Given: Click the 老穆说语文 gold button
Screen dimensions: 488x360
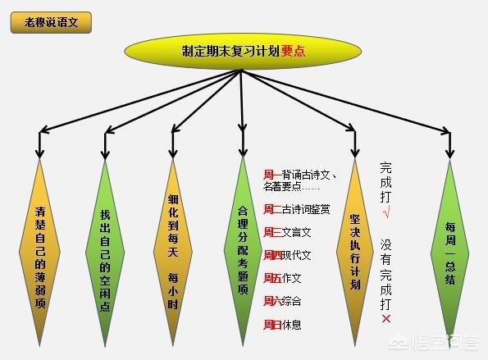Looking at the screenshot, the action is tap(51, 22).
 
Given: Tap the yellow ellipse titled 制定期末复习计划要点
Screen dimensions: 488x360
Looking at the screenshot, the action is tap(243, 52).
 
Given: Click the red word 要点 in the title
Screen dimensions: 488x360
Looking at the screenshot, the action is tap(293, 52).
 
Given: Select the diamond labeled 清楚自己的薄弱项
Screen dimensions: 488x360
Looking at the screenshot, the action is tap(39, 252).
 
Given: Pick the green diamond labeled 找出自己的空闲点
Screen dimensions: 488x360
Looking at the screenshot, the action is tap(105, 253).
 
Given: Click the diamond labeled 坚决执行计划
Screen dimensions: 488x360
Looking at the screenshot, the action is tap(355, 252).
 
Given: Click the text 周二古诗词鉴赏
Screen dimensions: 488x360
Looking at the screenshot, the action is tap(297, 209).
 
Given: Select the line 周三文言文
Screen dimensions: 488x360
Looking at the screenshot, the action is tap(287, 232).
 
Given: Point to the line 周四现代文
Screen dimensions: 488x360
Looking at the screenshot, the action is tap(287, 256).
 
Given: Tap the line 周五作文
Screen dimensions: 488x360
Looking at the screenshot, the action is tap(282, 278).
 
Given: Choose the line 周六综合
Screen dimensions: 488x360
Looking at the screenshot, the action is tap(282, 301).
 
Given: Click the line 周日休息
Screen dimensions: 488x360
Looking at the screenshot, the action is tap(282, 325).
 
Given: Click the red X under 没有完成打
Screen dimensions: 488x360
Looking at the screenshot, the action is tap(386, 319).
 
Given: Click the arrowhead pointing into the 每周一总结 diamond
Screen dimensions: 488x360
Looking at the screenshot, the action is tap(449, 153).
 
